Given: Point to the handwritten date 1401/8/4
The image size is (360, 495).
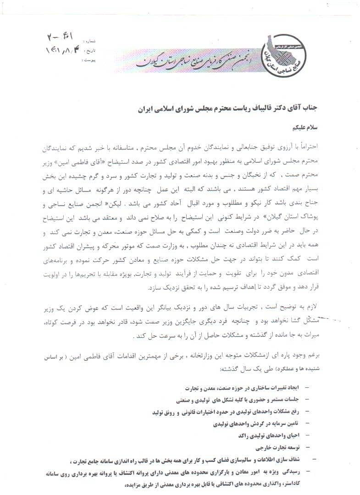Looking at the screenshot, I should coord(60,49).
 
